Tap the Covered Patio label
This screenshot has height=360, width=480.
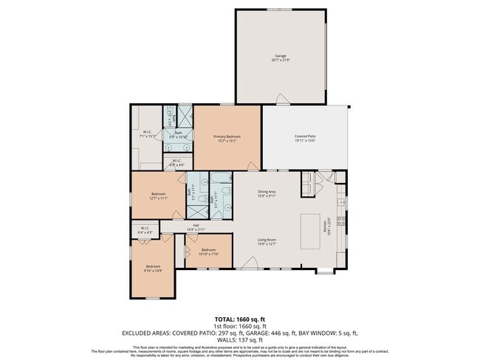click(305, 137)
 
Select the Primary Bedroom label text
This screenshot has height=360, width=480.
click(227, 137)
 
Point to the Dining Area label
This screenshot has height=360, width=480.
click(267, 193)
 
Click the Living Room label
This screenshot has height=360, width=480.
click(267, 241)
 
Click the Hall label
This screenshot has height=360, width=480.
click(196, 227)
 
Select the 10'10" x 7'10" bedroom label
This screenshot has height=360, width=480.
click(208, 251)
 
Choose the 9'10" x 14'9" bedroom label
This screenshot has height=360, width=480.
click(153, 268)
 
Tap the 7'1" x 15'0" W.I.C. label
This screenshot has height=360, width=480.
click(148, 134)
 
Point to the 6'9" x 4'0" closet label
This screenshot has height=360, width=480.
click(177, 162)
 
